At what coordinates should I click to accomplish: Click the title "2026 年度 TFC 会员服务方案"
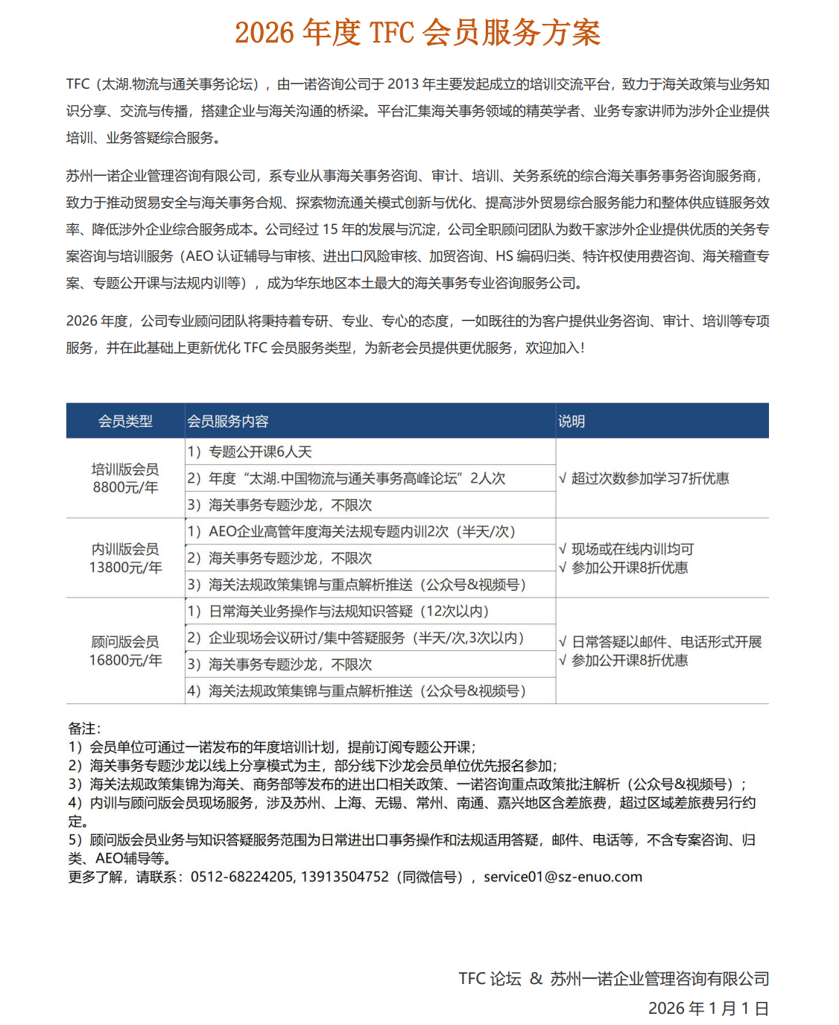417,33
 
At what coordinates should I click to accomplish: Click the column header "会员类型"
125,421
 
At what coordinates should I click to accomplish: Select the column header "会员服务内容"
228,421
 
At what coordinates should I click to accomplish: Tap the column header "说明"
572,421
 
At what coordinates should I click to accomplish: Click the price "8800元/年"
125,487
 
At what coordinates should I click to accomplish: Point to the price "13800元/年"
125,568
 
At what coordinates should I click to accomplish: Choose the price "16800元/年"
125,660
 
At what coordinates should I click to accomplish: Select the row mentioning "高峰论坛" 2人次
346,478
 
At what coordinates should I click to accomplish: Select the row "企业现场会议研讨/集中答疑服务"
356,638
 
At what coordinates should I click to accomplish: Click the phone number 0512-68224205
242,877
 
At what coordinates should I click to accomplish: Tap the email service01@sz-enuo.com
563,877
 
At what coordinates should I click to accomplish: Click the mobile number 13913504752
345,877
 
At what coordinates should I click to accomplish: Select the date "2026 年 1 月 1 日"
708,1008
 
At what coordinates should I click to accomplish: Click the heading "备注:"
84,728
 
